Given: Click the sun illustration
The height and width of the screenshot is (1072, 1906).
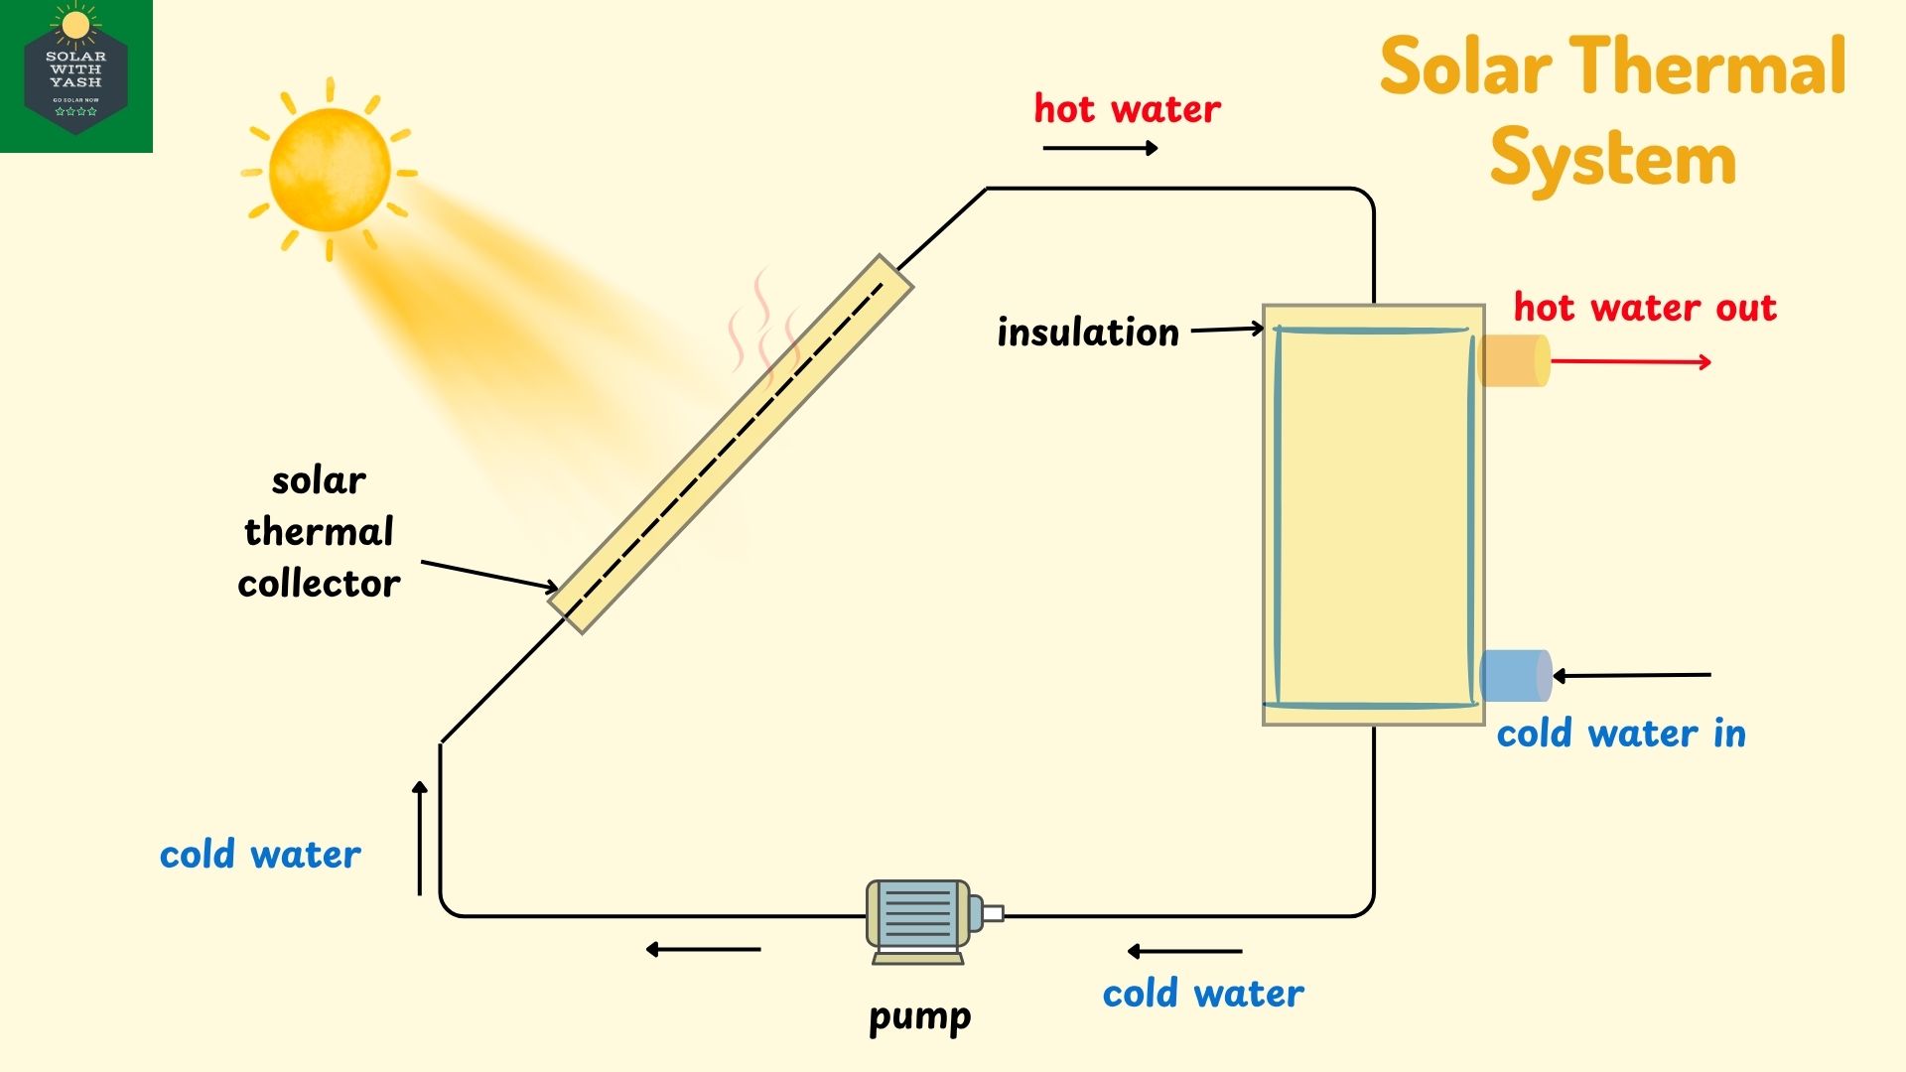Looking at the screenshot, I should pos(330,170).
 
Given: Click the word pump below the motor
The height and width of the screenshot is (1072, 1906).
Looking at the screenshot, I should pos(919,1016).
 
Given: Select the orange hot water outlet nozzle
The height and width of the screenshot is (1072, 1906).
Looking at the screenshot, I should pos(1513,360).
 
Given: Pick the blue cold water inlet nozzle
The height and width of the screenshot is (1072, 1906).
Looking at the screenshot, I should pos(1515,675).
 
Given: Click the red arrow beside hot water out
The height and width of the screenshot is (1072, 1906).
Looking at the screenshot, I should pos(1630,361).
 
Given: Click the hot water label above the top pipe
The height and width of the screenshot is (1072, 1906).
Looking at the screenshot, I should pos(1127,109).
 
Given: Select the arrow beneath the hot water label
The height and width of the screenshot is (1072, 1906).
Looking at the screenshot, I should pos(1100,148).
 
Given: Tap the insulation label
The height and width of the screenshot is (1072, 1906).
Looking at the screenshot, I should pos(1088,333).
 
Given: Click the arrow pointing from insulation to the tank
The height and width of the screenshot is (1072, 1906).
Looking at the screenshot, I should pos(1227,329).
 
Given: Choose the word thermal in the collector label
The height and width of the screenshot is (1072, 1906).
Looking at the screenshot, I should pos(319,532).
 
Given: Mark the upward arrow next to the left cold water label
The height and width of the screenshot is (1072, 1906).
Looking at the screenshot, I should pos(420,838).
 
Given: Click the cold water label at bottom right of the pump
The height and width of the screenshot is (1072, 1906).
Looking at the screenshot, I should pos(1203,994).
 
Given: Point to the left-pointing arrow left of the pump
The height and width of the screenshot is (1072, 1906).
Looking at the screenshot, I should pos(703,950).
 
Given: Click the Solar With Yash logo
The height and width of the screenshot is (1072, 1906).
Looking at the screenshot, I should pos(76,76).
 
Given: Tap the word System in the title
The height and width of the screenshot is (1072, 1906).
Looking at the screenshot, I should pos(1612,159).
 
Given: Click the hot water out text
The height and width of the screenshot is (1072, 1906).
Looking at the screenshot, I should pos(1645,308).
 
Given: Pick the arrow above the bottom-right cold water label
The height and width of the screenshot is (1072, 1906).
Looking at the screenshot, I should pos(1184,951).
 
